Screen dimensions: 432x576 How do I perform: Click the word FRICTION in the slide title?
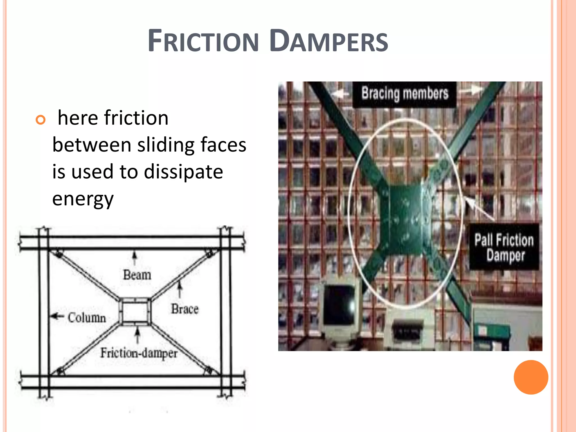203,42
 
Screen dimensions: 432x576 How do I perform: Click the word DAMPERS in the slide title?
328,41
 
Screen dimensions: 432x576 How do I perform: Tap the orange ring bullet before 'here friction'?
40,120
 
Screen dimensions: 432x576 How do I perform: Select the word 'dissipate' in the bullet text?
183,172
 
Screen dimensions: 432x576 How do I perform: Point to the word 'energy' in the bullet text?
83,199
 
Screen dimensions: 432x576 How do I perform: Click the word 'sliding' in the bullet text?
165,145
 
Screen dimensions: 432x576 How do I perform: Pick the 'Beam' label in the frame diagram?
137,275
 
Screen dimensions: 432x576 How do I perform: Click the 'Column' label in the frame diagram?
87,318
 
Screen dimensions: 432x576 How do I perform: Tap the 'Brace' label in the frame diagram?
185,309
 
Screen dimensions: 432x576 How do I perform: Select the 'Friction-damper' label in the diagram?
139,353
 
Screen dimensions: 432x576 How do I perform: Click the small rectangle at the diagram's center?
135,312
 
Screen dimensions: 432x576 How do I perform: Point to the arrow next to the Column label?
57,316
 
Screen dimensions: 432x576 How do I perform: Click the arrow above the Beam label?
135,258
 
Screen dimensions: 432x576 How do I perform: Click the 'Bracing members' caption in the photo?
404,94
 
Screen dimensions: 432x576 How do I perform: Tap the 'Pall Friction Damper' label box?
504,247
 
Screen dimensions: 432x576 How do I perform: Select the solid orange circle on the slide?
531,377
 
